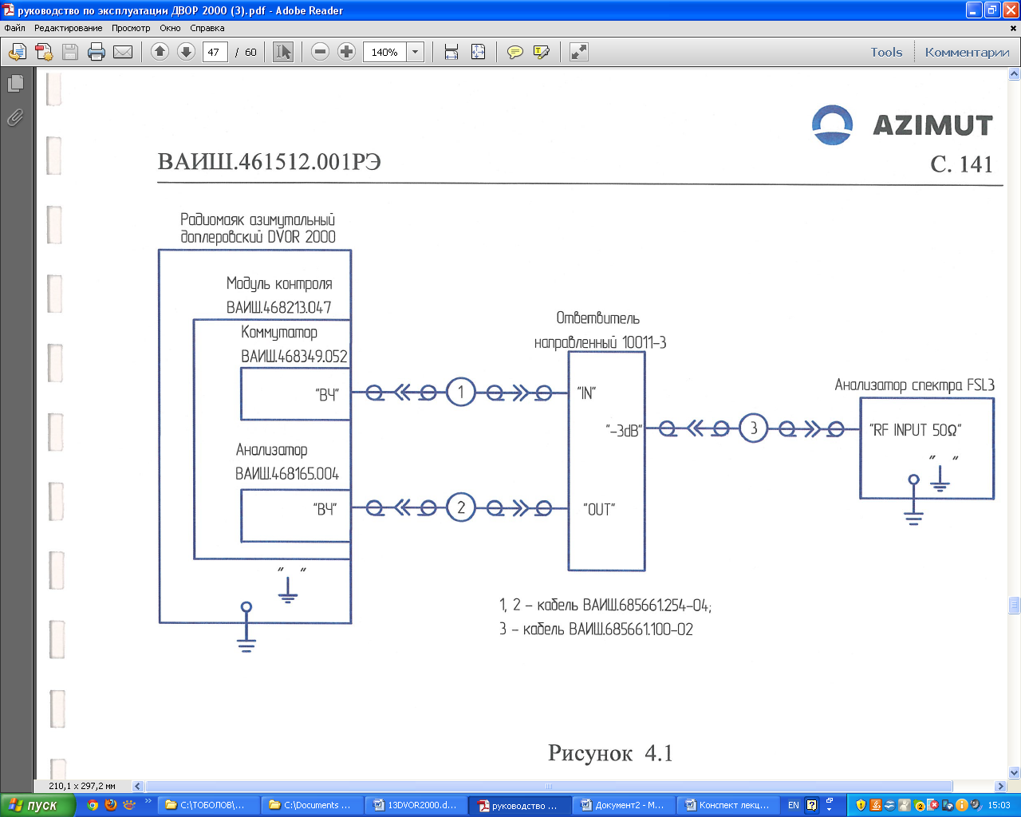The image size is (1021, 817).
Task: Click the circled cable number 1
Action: (460, 392)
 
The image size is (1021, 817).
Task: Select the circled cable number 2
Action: (460, 507)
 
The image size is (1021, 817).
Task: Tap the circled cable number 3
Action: (753, 428)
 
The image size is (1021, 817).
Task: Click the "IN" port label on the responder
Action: (586, 393)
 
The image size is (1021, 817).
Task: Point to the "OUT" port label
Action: (599, 509)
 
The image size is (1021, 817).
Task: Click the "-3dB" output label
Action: (624, 430)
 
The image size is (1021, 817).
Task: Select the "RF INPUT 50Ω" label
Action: (915, 430)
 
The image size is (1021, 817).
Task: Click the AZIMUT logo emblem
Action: (832, 125)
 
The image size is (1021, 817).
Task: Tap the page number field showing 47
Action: (214, 53)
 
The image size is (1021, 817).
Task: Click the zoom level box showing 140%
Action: (384, 53)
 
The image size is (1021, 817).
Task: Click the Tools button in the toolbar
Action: (886, 53)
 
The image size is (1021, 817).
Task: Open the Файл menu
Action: (14, 28)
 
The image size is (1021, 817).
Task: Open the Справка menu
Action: (207, 28)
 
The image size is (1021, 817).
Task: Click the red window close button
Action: (1010, 10)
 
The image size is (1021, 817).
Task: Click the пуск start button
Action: (37, 805)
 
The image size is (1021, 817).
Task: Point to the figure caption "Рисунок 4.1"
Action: (610, 753)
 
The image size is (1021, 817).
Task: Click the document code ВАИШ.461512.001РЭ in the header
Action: (269, 162)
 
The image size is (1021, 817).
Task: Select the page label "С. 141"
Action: (961, 164)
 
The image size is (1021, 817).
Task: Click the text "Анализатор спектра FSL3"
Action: (914, 385)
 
